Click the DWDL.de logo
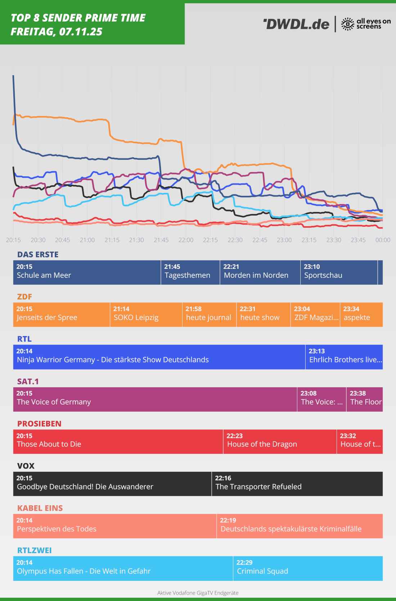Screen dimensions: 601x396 (x=296, y=24)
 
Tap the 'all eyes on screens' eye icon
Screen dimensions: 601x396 (x=347, y=24)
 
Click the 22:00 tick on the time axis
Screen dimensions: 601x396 (x=186, y=240)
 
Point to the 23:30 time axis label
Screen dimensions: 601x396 (x=334, y=240)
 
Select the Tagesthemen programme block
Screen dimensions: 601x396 (x=190, y=272)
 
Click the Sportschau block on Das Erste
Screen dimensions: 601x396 (x=338, y=272)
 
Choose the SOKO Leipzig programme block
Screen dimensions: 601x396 (x=146, y=315)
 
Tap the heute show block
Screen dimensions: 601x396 (x=263, y=315)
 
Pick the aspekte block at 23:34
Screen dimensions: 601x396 (x=361, y=315)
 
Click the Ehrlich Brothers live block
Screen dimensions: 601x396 (x=344, y=357)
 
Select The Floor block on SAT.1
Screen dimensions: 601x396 (x=364, y=399)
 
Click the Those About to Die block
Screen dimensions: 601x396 (x=118, y=442)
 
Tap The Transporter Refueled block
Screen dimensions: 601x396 (x=297, y=484)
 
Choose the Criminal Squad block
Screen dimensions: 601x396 (x=308, y=568)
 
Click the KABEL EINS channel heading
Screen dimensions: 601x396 (x=40, y=508)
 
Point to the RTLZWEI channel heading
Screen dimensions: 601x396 (x=35, y=550)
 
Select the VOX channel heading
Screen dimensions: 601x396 (x=26, y=466)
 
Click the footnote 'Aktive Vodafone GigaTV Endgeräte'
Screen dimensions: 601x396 (x=198, y=593)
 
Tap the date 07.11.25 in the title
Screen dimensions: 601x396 (x=81, y=32)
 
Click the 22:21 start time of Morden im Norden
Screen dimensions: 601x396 (x=231, y=267)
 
